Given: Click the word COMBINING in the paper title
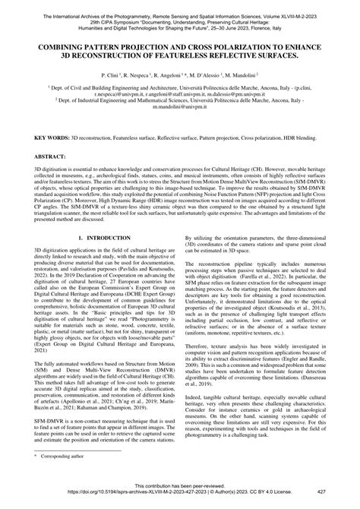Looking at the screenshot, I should coord(58,46).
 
